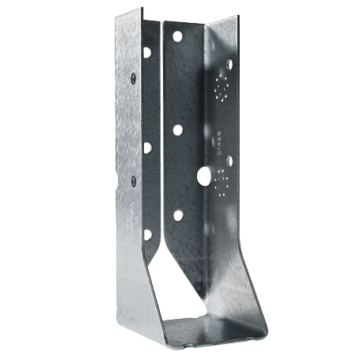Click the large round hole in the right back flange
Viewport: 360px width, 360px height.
pyautogui.click(x=204, y=176)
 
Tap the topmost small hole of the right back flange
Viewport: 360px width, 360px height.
pyautogui.click(x=177, y=37)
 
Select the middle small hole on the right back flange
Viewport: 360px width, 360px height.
pyautogui.click(x=178, y=129)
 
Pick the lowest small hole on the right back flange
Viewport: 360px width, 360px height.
pyautogui.click(x=178, y=215)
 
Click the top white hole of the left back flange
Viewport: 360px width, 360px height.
pyautogui.click(x=147, y=52)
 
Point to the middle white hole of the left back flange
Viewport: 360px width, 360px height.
pyautogui.click(x=147, y=146)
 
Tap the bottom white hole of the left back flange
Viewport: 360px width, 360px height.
pyautogui.click(x=147, y=234)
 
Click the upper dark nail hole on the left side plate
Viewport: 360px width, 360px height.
pyautogui.click(x=133, y=78)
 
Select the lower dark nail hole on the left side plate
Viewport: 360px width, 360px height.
pyautogui.click(x=133, y=180)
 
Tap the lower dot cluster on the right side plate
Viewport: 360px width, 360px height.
pyautogui.click(x=222, y=180)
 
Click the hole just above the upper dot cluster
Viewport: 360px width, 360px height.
pyautogui.click(x=229, y=63)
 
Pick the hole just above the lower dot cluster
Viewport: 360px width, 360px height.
pyautogui.click(x=229, y=161)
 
